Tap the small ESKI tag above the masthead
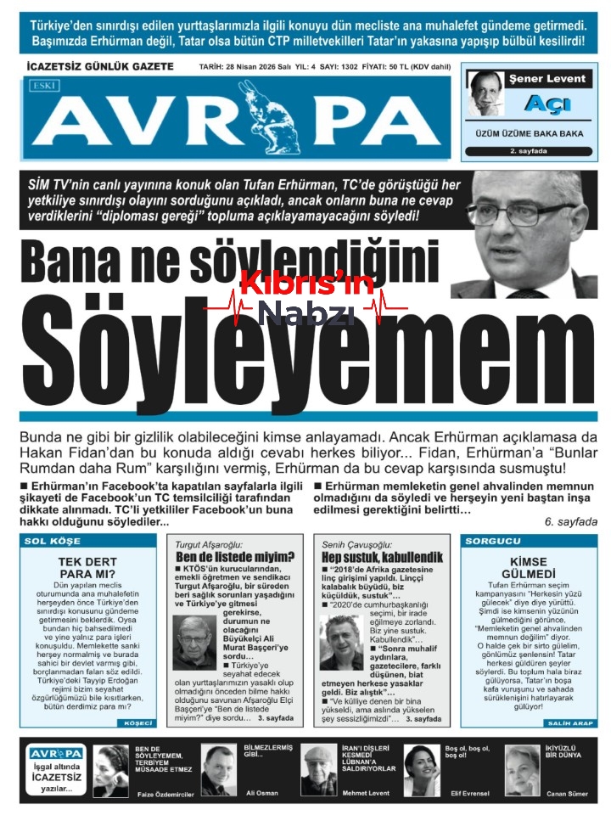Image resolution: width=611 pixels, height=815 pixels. pyautogui.click(x=42, y=85)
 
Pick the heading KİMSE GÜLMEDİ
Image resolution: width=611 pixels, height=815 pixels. pyautogui.click(x=529, y=567)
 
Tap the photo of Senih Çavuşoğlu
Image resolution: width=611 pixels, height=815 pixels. pyautogui.click(x=341, y=643)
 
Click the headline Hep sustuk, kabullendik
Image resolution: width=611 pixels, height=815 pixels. pyautogui.click(x=370, y=557)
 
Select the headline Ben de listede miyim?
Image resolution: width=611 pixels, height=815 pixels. pyautogui.click(x=235, y=557)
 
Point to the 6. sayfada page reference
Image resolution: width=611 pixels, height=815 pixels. pyautogui.click(x=571, y=521)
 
